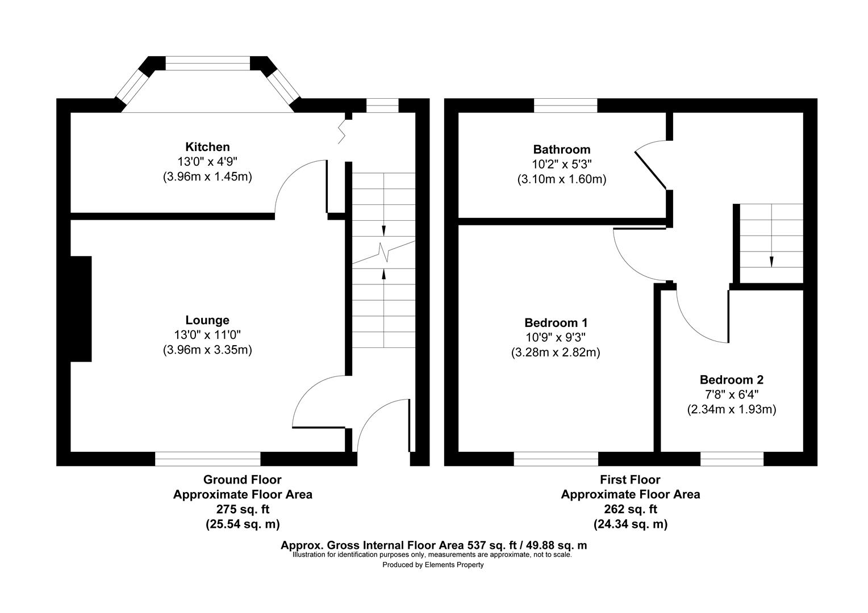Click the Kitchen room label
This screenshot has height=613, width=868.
207,147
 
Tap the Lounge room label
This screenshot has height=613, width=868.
207,320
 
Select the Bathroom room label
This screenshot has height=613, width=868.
561,150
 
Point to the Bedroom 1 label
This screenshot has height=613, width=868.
555,322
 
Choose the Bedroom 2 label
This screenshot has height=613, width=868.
731,380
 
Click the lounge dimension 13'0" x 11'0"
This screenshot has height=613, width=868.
207,335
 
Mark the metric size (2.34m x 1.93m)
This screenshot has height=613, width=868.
731,409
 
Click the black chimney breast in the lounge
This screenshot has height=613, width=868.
81,309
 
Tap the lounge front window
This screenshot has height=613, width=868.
207,459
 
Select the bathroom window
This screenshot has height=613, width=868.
565,105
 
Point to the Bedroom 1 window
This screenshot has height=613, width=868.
556,459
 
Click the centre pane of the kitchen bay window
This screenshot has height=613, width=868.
207,63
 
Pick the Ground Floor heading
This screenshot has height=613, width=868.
242,480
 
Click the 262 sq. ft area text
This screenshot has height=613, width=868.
630,509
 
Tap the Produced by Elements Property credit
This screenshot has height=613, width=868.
433,565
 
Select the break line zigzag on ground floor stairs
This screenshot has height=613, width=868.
384,251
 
